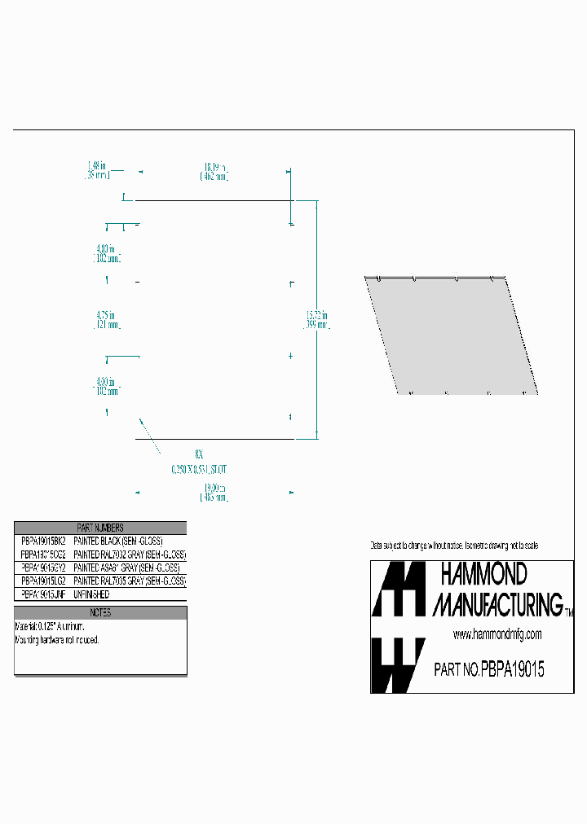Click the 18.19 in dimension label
click(215, 171)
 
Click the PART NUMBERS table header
click(100, 528)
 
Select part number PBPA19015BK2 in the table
click(42, 541)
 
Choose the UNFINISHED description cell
click(91, 595)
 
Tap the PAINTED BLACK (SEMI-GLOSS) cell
click(119, 541)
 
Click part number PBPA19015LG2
click(42, 581)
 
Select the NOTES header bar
click(100, 612)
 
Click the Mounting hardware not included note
click(57, 640)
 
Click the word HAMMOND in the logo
click(483, 575)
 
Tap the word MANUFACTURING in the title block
click(497, 604)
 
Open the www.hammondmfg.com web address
click(497, 634)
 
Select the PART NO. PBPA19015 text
click(488, 670)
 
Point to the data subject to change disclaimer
click(454, 545)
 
